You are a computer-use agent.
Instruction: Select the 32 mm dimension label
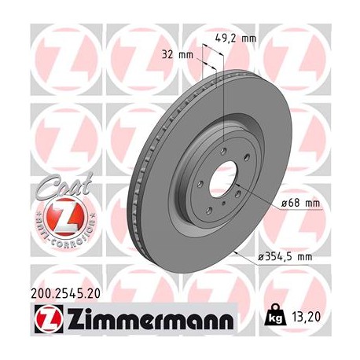pyautogui.click(x=179, y=55)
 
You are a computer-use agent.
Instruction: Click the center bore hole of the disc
pyautogui.click(x=224, y=178)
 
